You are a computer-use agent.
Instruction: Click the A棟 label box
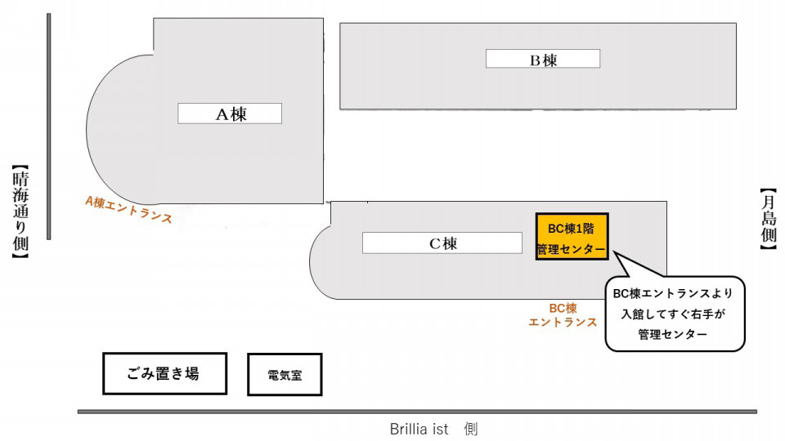(230, 114)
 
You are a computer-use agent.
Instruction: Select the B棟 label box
(543, 59)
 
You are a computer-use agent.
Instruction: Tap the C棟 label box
(442, 243)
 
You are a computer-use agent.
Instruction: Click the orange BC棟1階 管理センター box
(572, 237)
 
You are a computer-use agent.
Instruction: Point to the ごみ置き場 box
(164, 373)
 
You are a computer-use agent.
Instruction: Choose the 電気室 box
(285, 375)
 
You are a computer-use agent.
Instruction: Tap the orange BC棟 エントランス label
(563, 315)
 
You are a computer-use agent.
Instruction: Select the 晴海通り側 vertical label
(20, 212)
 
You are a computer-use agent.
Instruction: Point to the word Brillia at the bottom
(409, 429)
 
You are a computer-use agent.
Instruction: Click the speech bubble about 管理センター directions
(675, 314)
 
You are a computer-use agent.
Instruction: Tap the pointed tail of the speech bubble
(616, 252)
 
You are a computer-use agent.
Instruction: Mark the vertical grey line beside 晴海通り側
(48, 127)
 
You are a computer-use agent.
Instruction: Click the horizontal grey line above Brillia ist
(417, 412)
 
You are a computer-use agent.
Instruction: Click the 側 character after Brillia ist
(471, 429)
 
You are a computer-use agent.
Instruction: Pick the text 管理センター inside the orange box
(572, 249)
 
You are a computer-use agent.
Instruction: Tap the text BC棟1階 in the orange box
(572, 229)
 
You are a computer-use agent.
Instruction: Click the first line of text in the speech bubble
(673, 293)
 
